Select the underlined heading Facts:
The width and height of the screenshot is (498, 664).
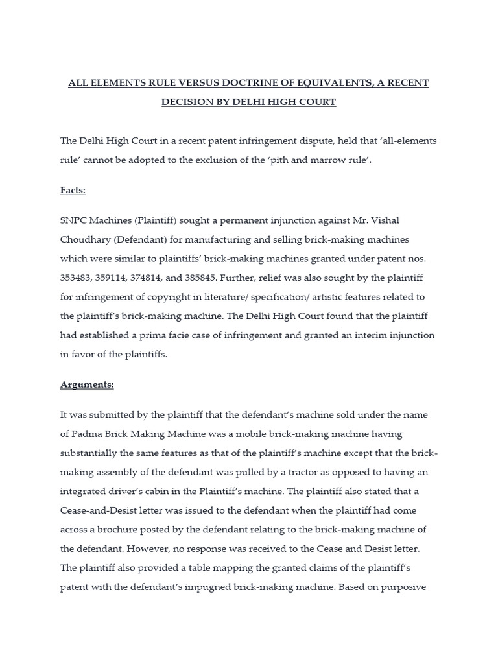coord(73,190)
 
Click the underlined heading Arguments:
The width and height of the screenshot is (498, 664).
coord(87,385)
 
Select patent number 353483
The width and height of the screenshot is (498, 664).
coord(78,277)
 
